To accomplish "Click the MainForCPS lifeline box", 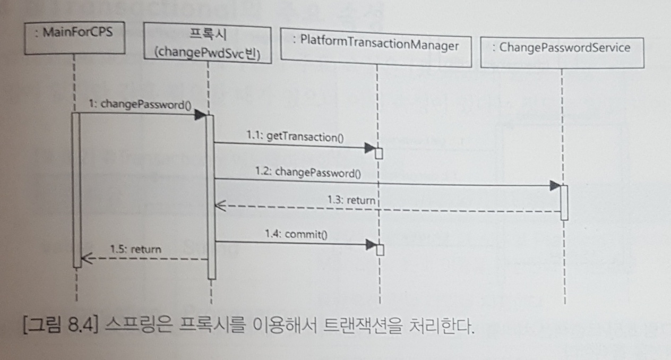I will click(x=73, y=37).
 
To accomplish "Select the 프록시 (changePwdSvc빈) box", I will click(x=208, y=45).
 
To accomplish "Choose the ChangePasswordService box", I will click(x=561, y=48).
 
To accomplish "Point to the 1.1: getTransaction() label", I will click(x=295, y=137).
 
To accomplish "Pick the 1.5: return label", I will click(x=135, y=248).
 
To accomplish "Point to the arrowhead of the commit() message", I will click(x=371, y=246).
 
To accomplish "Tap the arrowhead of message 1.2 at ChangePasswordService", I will click(x=555, y=186).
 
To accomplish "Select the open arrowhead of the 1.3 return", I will click(x=218, y=208).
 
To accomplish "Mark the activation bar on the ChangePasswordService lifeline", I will click(x=564, y=202).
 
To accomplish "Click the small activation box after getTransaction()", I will click(x=379, y=153).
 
